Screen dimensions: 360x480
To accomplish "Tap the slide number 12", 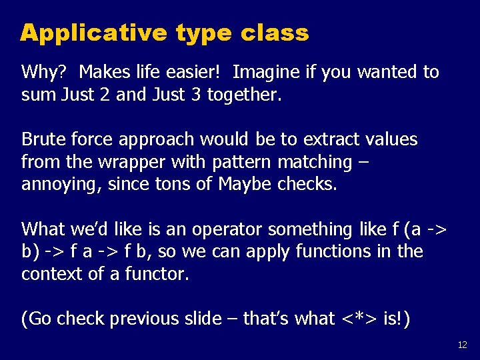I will click(463, 345).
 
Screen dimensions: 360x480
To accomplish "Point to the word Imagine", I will click(267, 72).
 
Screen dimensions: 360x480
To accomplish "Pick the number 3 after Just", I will click(196, 95).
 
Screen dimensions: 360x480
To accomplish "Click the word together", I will click(244, 95).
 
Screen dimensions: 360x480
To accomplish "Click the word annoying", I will click(58, 185).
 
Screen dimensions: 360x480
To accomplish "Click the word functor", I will click(155, 274).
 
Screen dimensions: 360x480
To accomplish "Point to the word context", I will click(49, 274).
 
